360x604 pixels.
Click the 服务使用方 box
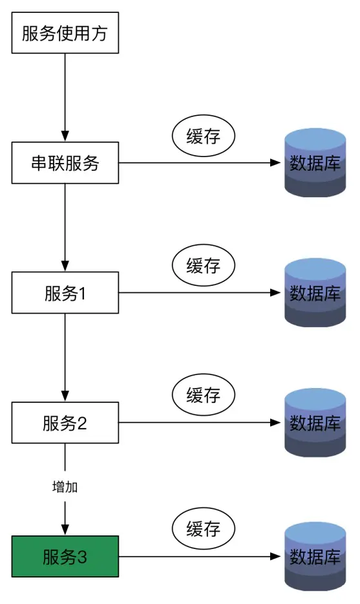click(65, 32)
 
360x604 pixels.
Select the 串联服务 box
click(65, 162)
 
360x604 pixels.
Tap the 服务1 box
click(65, 293)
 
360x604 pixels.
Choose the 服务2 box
click(65, 423)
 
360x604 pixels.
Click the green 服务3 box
click(65, 556)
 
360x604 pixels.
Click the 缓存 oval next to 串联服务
click(204, 136)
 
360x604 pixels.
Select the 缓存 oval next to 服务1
click(204, 266)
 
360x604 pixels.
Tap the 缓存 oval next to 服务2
click(204, 395)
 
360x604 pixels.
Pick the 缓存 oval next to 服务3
click(204, 528)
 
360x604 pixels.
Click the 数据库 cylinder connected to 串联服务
click(315, 162)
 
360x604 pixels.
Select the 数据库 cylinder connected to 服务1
click(315, 293)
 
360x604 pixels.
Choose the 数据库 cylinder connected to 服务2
click(315, 423)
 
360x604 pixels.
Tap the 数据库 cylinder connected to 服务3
click(315, 556)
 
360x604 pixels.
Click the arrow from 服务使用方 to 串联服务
click(65, 97)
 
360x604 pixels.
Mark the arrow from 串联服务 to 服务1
click(65, 226)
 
